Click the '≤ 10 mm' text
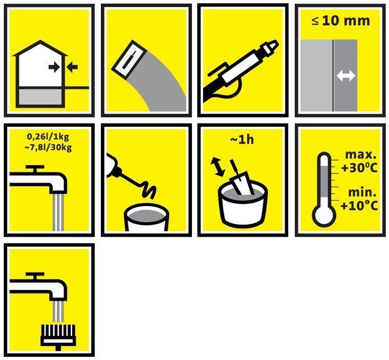340,21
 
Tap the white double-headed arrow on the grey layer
345,75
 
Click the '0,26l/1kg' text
48,137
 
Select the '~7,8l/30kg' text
48,148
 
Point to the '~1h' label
242,140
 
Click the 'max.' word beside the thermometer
361,155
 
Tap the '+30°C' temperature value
359,168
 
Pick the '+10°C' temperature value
359,206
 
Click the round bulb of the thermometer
324,216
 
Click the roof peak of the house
40,41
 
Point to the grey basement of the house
40,97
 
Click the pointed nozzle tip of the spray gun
276,43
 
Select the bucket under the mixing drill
146,217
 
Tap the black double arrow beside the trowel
218,167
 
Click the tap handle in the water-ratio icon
35,169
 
